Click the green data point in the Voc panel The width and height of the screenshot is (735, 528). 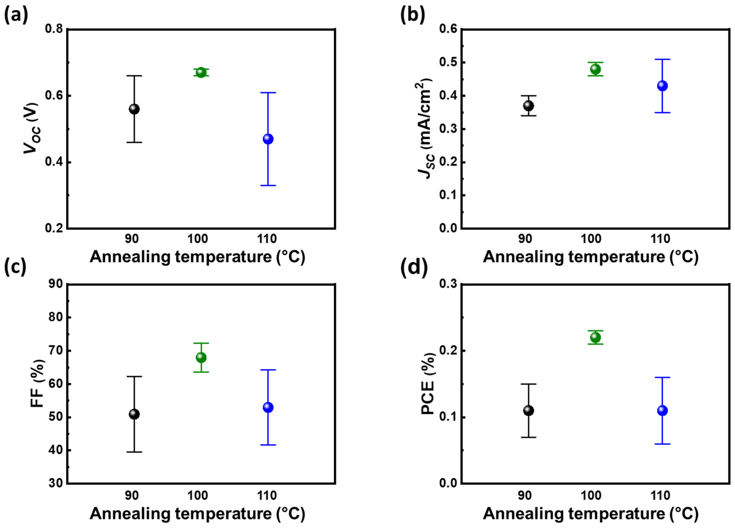coord(201,72)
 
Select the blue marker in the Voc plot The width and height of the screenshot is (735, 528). coord(268,139)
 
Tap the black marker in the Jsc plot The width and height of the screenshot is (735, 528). coord(529,106)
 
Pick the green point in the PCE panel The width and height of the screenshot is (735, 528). coord(595,338)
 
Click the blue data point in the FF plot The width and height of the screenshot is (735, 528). coord(268,408)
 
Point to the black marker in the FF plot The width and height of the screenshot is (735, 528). coord(134,414)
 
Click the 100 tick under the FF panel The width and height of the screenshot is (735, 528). coord(198,496)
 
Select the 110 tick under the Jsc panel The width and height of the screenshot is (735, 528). coord(660,239)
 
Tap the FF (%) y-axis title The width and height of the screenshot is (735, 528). coord(38,384)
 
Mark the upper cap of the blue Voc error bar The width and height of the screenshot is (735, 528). coord(268,93)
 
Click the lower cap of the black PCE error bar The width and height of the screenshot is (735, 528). coord(529,437)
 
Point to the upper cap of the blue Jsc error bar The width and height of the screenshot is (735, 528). coord(662,59)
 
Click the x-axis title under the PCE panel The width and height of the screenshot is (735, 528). coord(590,514)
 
